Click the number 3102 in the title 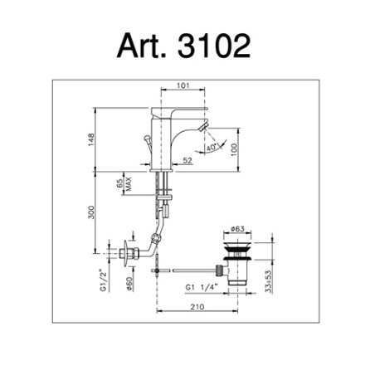pyautogui.click(x=214, y=46)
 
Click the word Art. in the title pyautogui.click(x=142, y=46)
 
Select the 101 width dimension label pyautogui.click(x=183, y=85)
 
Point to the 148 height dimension pyautogui.click(x=91, y=139)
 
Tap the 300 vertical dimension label pyautogui.click(x=91, y=212)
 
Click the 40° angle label pyautogui.click(x=212, y=147)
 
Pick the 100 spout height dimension pyautogui.click(x=234, y=149)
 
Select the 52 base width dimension pyautogui.click(x=187, y=160)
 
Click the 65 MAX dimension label pyautogui.click(x=124, y=184)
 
